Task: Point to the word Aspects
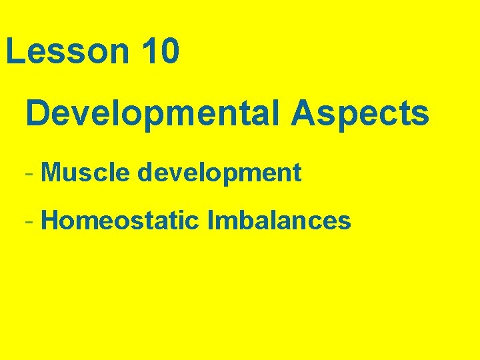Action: pyautogui.click(x=359, y=114)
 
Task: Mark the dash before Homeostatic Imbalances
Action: pyautogui.click(x=28, y=221)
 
